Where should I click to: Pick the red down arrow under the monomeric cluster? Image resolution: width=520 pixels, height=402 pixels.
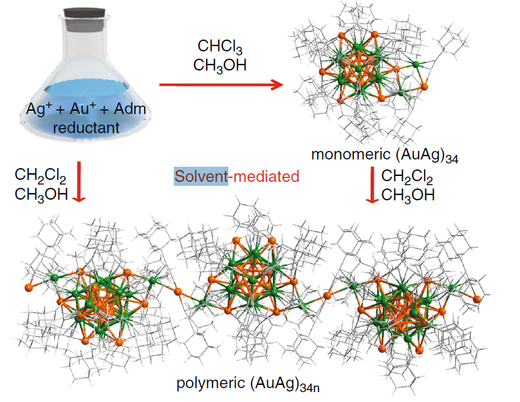371,185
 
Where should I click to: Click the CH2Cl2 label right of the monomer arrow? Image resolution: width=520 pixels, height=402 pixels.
407,177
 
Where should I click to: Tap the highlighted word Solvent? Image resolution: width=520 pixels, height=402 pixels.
201,177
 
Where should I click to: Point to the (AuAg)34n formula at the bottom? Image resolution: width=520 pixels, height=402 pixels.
289,384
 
